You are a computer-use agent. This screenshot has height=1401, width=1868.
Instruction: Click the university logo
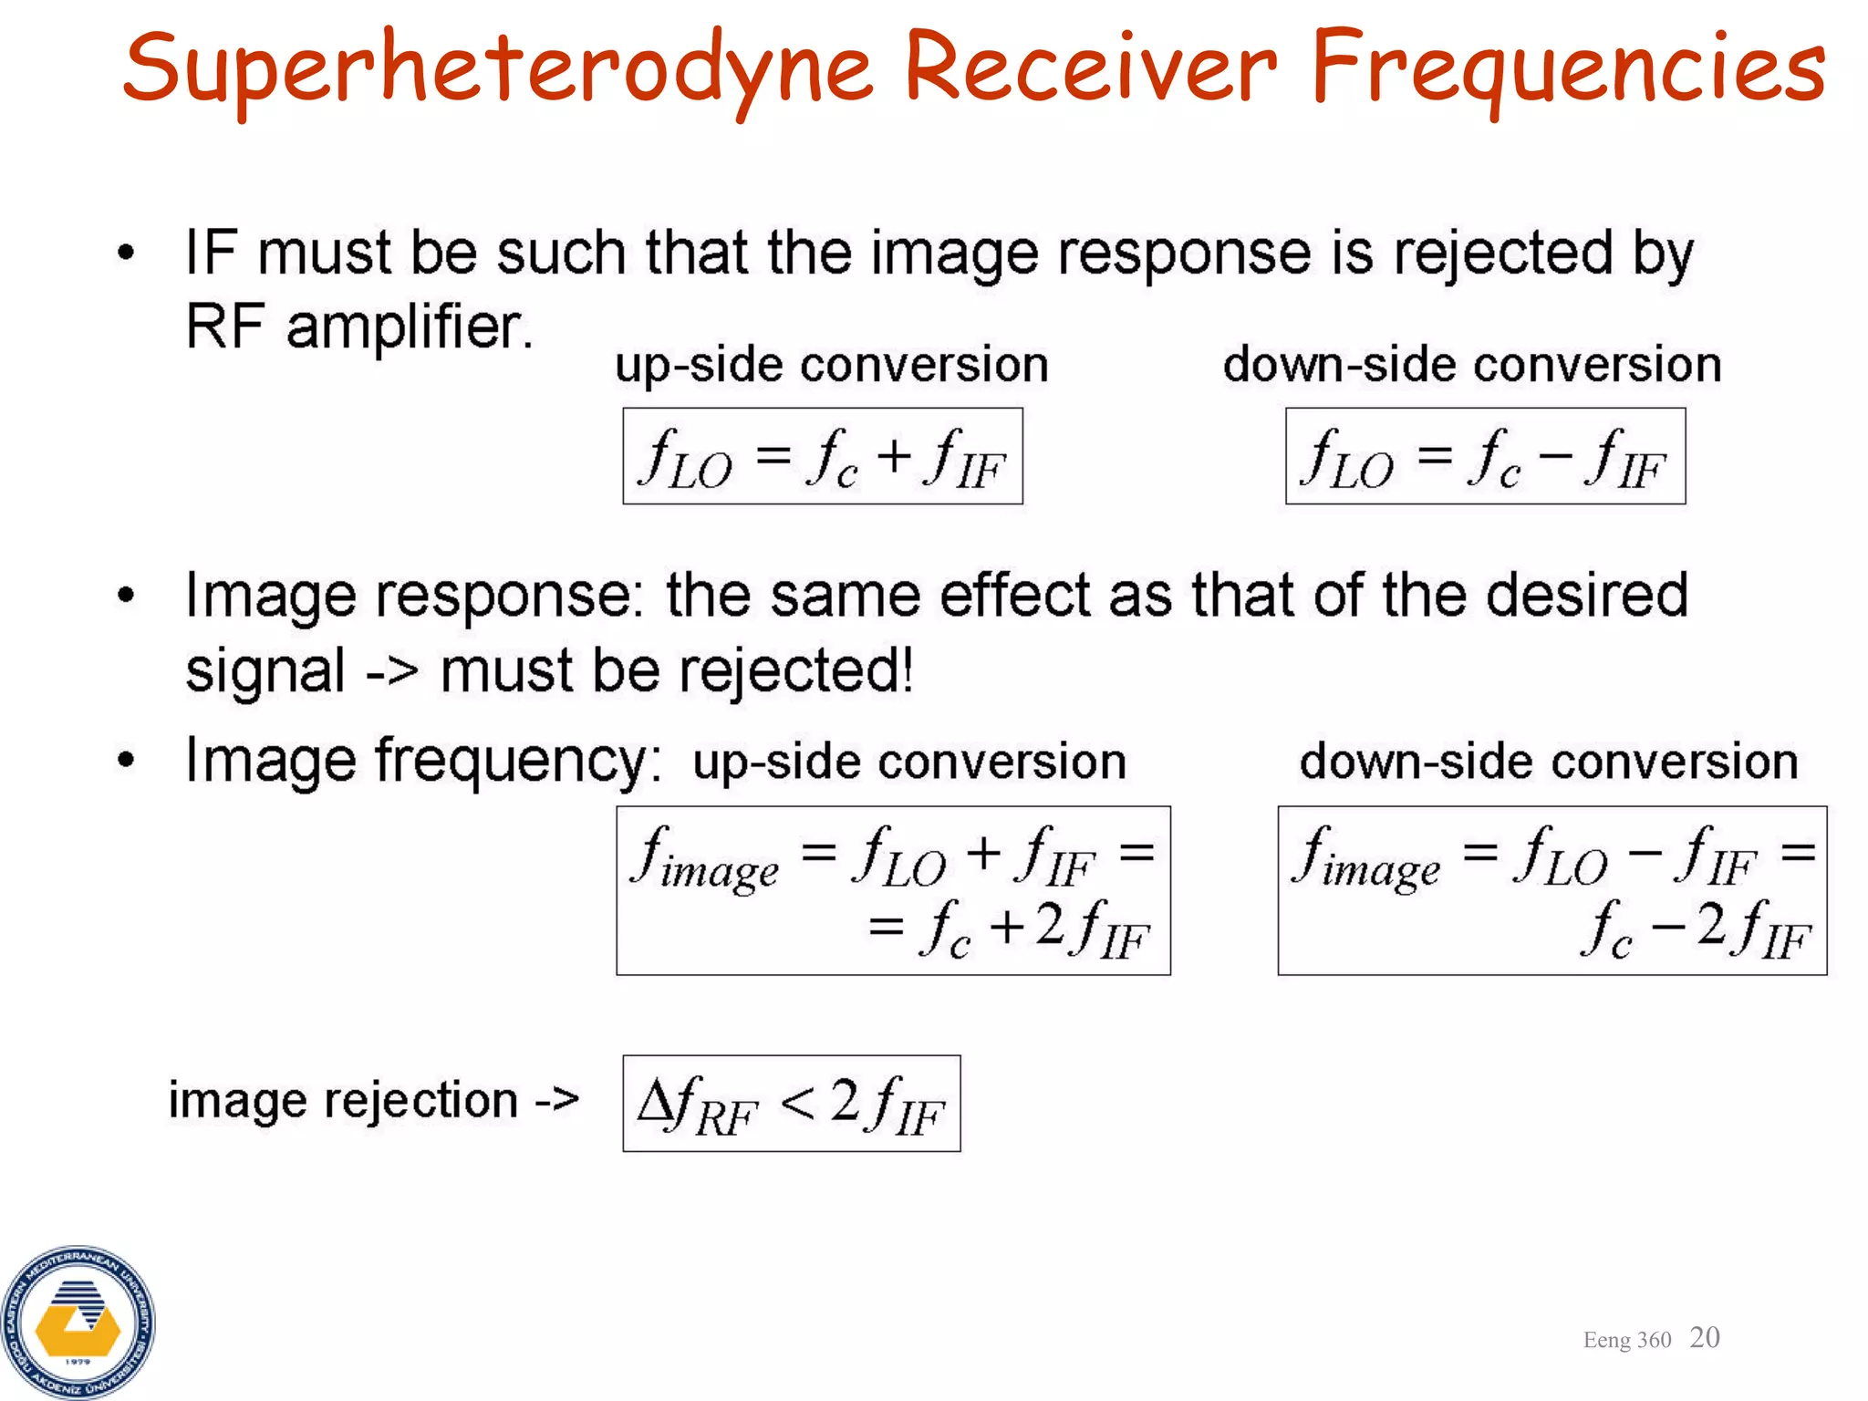point(78,1323)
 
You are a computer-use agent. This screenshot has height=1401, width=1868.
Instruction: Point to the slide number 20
point(1704,1337)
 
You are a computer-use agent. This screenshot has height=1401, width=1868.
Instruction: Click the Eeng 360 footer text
point(1626,1340)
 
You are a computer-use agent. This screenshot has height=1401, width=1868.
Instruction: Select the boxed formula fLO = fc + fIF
point(822,456)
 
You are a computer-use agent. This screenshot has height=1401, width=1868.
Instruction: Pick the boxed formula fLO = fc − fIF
point(1485,456)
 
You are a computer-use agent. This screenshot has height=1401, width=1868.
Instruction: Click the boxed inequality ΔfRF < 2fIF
point(791,1104)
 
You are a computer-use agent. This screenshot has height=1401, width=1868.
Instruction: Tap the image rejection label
point(372,1100)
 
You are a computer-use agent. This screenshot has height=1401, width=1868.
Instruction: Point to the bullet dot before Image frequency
point(126,759)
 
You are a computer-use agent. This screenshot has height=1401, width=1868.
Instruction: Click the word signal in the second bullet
point(265,670)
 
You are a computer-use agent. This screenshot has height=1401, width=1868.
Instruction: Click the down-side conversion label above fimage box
point(1548,762)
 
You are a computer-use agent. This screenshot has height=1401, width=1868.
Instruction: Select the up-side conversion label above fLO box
point(831,365)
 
